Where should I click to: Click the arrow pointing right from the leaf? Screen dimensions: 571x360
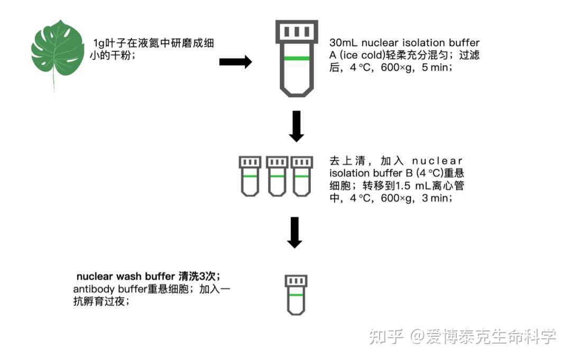coord(235,62)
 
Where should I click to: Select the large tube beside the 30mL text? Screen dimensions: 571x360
coord(297,58)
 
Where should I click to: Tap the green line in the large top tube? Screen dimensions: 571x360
coord(297,58)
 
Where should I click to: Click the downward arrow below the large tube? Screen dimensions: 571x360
coord(297,126)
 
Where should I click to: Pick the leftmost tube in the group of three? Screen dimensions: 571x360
coord(250,176)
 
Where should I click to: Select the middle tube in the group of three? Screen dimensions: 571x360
coord(277,176)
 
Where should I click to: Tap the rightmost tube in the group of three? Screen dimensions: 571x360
coord(302,176)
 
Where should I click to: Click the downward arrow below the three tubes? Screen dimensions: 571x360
coord(294,233)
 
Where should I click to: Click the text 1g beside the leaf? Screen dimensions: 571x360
coord(99,44)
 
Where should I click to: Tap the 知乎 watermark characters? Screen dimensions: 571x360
coord(386,336)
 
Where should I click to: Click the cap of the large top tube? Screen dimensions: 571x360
coord(297,31)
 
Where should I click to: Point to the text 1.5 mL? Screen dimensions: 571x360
coord(413,186)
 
